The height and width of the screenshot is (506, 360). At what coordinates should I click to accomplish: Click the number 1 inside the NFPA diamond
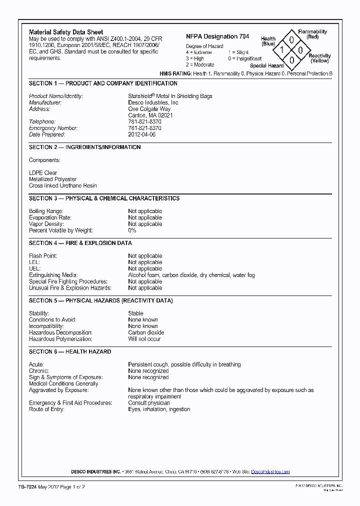[x=282, y=50]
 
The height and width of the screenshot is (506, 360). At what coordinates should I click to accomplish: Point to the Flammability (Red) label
[x=312, y=34]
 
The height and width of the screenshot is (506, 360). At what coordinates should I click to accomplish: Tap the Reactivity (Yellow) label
[x=319, y=58]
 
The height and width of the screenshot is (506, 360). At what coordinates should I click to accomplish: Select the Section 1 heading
[x=103, y=83]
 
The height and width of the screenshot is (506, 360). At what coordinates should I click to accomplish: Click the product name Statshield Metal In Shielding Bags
[x=170, y=96]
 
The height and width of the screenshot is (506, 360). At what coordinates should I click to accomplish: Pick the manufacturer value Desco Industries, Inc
[x=153, y=102]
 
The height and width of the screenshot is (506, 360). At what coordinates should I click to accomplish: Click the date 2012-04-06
[x=142, y=134]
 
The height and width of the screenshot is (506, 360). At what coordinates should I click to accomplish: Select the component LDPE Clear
[x=43, y=173]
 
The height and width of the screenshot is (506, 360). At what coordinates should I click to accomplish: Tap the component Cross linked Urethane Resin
[x=63, y=185]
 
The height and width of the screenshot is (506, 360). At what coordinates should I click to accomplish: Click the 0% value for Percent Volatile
[x=132, y=230]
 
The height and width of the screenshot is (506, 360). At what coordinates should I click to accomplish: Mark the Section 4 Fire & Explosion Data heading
[x=80, y=243]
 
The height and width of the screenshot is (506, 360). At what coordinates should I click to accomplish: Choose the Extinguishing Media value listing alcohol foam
[x=191, y=275]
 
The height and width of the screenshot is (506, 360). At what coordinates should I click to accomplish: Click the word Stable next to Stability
[x=135, y=313]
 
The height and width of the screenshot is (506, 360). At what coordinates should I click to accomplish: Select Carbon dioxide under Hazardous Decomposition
[x=146, y=332]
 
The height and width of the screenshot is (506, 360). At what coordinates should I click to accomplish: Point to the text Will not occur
[x=144, y=339]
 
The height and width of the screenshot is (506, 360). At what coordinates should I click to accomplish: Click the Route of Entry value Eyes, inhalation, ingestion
[x=159, y=409]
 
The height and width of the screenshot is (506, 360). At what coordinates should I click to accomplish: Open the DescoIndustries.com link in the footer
[x=270, y=471]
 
